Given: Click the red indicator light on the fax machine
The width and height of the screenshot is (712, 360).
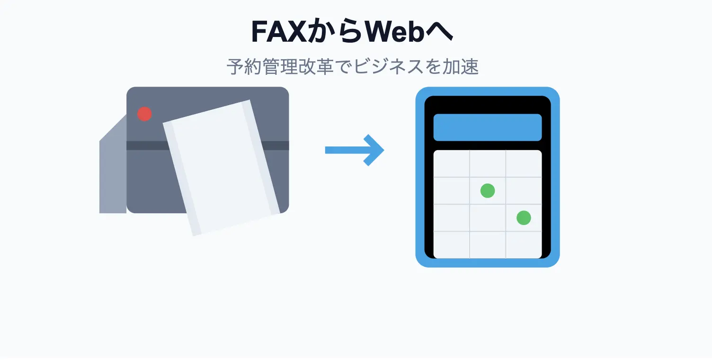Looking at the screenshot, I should pyautogui.click(x=144, y=114).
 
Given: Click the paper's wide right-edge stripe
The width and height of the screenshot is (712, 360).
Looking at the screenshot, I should pyautogui.click(x=261, y=156).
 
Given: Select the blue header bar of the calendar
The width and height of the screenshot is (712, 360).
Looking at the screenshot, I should pyautogui.click(x=487, y=127).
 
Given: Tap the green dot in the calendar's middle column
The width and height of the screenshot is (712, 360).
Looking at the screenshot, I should pyautogui.click(x=487, y=191).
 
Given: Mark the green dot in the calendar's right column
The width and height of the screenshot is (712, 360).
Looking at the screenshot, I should pyautogui.click(x=523, y=218).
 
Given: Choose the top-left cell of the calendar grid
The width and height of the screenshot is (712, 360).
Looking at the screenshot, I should pyautogui.click(x=452, y=164).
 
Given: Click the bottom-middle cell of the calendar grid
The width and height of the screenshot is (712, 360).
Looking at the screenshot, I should pyautogui.click(x=487, y=245).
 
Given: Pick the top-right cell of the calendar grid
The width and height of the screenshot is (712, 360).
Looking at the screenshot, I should pyautogui.click(x=524, y=164).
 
